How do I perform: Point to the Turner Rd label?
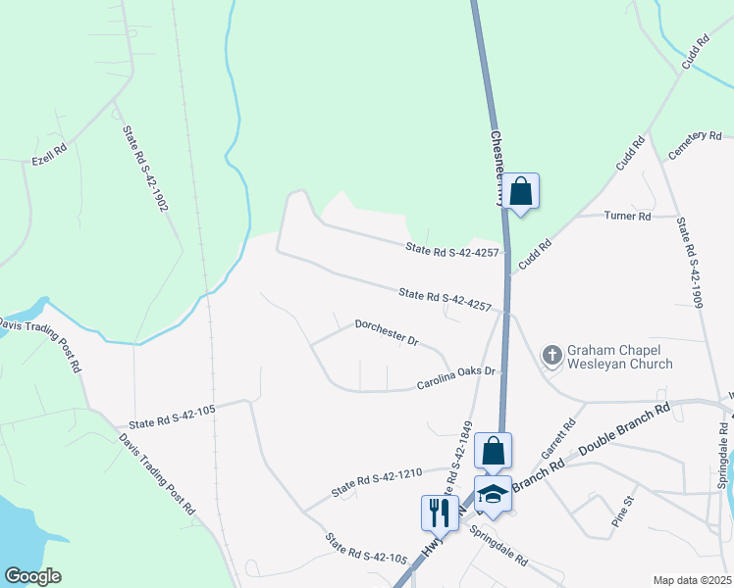[x=627, y=216]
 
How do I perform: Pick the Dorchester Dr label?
[x=387, y=332]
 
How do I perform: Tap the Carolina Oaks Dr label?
[x=458, y=377]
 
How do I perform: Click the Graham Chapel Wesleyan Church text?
[x=619, y=357]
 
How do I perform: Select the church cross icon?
[x=551, y=355]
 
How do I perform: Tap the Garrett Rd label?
[x=557, y=441]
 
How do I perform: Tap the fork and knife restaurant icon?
[x=438, y=511]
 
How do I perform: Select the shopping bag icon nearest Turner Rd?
[x=521, y=191]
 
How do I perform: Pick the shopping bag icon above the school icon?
[x=493, y=452]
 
